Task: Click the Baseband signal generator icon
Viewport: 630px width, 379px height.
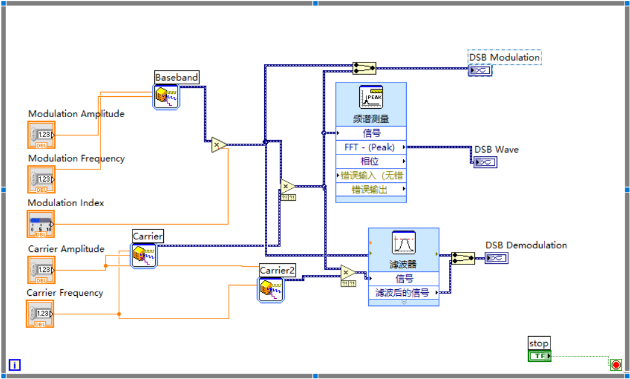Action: (x=166, y=96)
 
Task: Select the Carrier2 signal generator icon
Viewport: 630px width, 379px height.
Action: (x=270, y=290)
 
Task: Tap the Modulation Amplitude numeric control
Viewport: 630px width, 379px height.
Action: (x=41, y=135)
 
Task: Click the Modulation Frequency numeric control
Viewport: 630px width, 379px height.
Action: (x=41, y=179)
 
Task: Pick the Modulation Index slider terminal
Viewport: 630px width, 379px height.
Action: (x=41, y=224)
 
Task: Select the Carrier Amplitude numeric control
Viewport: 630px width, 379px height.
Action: (x=41, y=270)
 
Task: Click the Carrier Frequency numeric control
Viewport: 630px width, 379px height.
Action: (x=41, y=314)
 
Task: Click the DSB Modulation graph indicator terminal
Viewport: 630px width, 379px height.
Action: (x=479, y=71)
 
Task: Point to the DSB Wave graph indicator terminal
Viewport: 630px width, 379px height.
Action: (x=485, y=162)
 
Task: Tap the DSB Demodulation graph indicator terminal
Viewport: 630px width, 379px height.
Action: (x=496, y=258)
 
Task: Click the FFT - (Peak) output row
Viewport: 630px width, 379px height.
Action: (x=371, y=147)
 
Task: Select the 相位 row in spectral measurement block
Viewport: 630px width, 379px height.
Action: (x=371, y=161)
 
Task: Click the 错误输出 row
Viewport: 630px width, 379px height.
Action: (x=371, y=190)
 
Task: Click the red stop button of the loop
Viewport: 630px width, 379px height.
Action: (x=616, y=364)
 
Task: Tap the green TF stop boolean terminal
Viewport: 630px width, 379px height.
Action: (x=539, y=356)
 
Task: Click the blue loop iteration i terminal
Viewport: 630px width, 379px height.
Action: (x=14, y=365)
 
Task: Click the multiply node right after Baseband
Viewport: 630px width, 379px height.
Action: (x=219, y=144)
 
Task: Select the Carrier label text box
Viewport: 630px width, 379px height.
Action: (x=147, y=236)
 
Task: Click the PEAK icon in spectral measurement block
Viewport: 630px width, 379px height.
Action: (x=371, y=97)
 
